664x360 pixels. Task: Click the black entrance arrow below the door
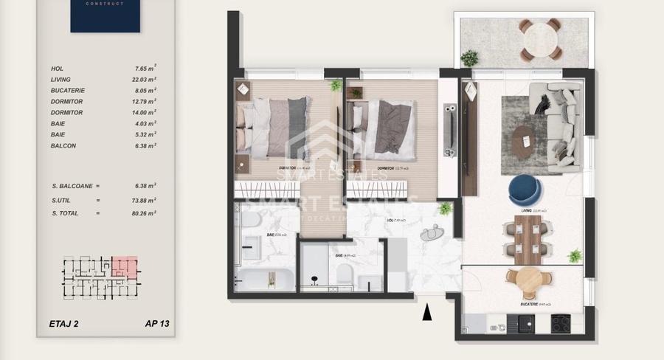(426, 314)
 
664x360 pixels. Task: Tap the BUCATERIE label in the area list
(68, 90)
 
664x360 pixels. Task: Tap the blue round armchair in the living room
(525, 190)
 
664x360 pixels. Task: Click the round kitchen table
(529, 281)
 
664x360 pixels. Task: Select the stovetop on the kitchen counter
(561, 323)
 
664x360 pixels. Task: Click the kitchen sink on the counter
(526, 323)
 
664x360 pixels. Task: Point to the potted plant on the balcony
(469, 58)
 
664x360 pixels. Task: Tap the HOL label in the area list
(58, 68)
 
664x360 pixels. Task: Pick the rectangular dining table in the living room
(529, 239)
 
